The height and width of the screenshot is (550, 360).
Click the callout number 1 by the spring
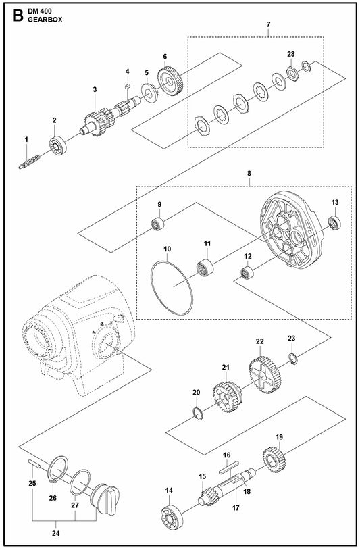(26, 140)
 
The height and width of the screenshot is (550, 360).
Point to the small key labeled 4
(128, 85)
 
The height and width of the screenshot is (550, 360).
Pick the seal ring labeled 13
(334, 223)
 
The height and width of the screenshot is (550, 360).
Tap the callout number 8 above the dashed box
(249, 174)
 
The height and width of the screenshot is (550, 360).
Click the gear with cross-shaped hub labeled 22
(265, 374)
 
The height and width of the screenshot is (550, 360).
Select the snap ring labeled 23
(293, 359)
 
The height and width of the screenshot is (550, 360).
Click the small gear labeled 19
(274, 459)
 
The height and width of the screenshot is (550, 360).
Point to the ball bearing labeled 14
(172, 518)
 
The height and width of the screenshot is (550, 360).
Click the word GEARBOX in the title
(45, 20)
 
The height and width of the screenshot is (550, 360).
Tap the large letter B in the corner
(18, 16)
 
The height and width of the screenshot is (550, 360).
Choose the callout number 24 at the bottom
(56, 534)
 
